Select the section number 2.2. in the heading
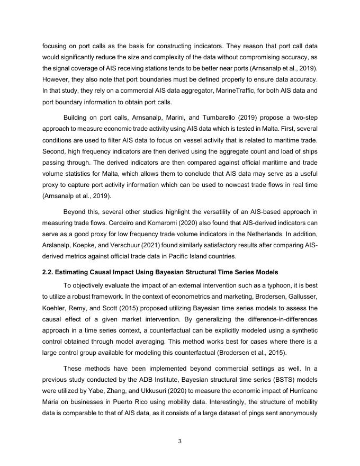(x=50, y=272)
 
